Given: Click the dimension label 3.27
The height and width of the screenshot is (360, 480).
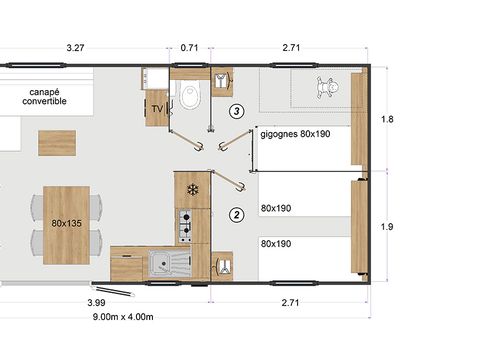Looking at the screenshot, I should [x=73, y=47].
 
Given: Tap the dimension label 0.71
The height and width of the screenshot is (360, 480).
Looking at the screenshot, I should [x=190, y=47].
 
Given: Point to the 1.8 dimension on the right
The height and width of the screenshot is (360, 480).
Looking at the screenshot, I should [x=388, y=120].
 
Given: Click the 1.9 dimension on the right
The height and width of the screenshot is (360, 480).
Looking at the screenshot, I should [x=388, y=227].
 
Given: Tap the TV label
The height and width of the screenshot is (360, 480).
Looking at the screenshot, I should [x=157, y=108].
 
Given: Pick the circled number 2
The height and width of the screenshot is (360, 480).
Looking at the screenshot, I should [x=236, y=213].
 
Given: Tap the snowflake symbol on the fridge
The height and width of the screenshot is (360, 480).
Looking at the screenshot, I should [x=193, y=188].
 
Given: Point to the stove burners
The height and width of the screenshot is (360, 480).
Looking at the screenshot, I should [x=184, y=225].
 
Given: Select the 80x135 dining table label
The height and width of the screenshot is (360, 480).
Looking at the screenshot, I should [x=66, y=225].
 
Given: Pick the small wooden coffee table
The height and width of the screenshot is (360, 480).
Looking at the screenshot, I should [x=58, y=143].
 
